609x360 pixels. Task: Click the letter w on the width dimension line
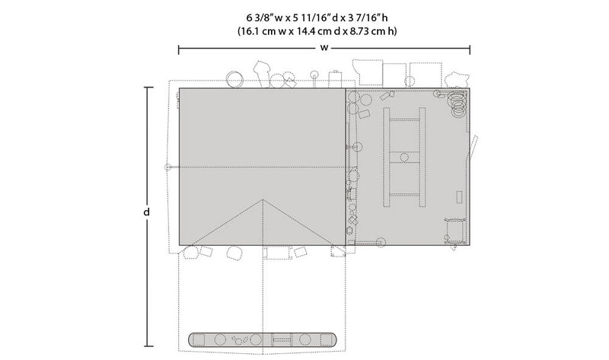[324, 48]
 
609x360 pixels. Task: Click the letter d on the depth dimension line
[146, 212]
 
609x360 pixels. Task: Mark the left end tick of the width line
[179, 49]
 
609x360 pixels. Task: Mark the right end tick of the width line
[470, 49]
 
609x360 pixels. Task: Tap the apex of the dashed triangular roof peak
[263, 199]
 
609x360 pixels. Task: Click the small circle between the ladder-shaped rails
[404, 158]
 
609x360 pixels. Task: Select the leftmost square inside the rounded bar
[199, 339]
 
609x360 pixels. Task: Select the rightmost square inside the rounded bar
[326, 339]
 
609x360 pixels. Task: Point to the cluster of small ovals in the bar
[240, 339]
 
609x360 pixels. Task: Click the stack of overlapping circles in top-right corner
[458, 102]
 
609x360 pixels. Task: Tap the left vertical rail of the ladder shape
[387, 157]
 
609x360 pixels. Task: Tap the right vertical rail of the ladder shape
[422, 157]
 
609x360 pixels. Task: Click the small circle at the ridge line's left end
[167, 167]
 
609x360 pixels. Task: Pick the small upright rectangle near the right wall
[460, 197]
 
